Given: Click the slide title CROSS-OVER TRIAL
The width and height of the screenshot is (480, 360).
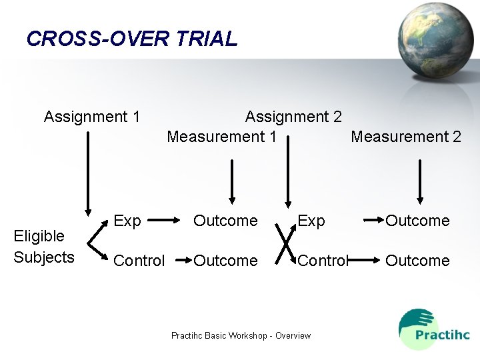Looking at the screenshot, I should (132, 39).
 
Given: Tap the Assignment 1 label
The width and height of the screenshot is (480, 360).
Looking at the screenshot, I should (92, 117).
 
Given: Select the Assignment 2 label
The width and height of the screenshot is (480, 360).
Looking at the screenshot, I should (293, 117).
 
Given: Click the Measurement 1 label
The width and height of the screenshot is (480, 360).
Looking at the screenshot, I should (221, 137).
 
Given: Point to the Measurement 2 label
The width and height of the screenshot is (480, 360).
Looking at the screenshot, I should (406, 137).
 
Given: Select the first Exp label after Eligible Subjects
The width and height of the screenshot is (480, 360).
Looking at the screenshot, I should (127, 221).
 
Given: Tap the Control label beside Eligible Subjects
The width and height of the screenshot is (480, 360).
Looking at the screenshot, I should (139, 261).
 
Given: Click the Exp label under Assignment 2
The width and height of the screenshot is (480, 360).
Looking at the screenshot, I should (311, 221).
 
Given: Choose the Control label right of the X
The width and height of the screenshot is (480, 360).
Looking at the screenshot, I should (323, 261).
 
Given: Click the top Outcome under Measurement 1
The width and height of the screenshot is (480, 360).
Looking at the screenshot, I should (225, 221).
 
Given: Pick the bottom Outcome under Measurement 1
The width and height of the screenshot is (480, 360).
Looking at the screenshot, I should (225, 261).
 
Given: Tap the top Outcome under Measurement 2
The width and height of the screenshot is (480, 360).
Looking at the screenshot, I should (418, 221).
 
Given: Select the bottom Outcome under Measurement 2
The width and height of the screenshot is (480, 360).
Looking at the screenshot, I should (418, 261).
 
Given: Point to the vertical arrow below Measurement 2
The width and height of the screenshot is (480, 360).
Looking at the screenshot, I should (420, 180).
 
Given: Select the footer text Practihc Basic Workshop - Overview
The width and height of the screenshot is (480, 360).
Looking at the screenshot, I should (241, 335).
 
